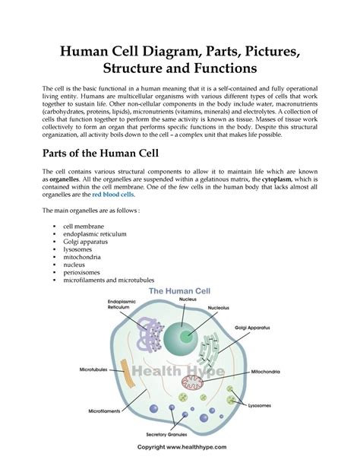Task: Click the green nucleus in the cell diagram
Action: (182, 335)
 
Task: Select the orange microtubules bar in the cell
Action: (126, 373)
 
